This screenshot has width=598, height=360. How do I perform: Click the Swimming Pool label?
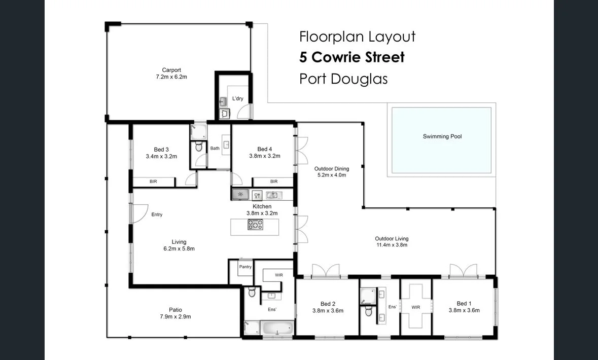(x=442, y=136)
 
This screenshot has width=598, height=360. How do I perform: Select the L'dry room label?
(x=238, y=98)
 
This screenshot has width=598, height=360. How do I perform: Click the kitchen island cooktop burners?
(x=255, y=225)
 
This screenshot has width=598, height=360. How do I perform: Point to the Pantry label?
(x=245, y=267)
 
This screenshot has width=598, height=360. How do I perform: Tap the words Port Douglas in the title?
(x=343, y=79)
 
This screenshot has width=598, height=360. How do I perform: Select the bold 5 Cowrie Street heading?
(x=351, y=57)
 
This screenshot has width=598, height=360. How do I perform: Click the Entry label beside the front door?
(x=157, y=214)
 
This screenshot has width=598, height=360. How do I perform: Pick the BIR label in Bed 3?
(x=153, y=181)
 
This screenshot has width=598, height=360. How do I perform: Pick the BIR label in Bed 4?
(x=274, y=181)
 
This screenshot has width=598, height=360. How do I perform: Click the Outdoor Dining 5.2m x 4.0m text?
(x=331, y=172)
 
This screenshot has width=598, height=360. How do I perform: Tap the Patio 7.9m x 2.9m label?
(x=175, y=313)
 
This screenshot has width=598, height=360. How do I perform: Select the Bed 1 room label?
(x=464, y=307)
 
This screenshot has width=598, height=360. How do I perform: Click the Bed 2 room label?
(x=328, y=307)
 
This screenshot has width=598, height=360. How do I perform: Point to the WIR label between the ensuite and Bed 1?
(x=416, y=307)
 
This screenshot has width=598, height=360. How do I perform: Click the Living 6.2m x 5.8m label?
(x=179, y=245)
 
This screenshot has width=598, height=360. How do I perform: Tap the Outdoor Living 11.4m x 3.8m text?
(x=392, y=241)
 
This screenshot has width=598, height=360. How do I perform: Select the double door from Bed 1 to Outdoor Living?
(x=463, y=271)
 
